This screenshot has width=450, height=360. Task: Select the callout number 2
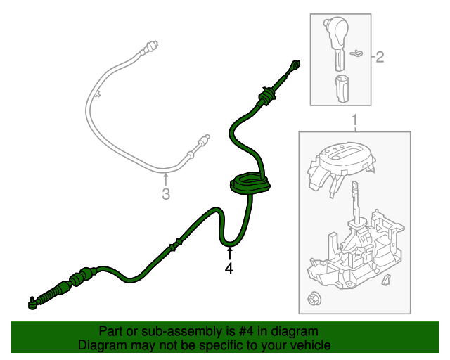[380, 57]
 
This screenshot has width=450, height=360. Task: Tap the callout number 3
[165, 193]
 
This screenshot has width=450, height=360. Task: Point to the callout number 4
[229, 268]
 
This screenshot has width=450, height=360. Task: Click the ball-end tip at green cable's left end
[32, 304]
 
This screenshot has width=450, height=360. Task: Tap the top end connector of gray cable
[149, 49]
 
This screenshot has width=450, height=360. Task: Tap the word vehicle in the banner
[310, 346]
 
